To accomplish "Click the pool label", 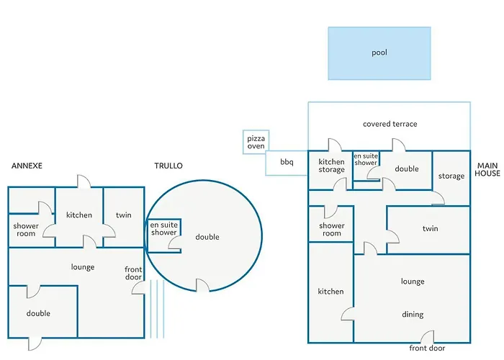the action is point(379,53).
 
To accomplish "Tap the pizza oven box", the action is point(256,142).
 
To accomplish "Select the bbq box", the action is point(287,163).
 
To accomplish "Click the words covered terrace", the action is point(390,124).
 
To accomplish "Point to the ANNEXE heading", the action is point(27,166).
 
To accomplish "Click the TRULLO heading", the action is point(168,166).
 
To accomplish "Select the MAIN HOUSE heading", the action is point(487,169).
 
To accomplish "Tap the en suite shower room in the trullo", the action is point(163,235).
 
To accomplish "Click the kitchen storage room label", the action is point(331,166).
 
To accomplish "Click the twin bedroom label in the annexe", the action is point(124,215).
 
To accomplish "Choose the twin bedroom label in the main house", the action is point(431,228).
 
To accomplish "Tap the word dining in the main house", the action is point(413,315).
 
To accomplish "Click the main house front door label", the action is point(427,348).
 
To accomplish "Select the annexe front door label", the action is point(133,273).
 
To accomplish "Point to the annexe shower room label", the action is point(26,230).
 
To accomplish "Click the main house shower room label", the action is point(332,230).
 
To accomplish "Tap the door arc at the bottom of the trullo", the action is point(202,285).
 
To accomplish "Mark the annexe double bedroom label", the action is point(38,313).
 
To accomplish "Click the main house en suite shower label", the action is point(366,159).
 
